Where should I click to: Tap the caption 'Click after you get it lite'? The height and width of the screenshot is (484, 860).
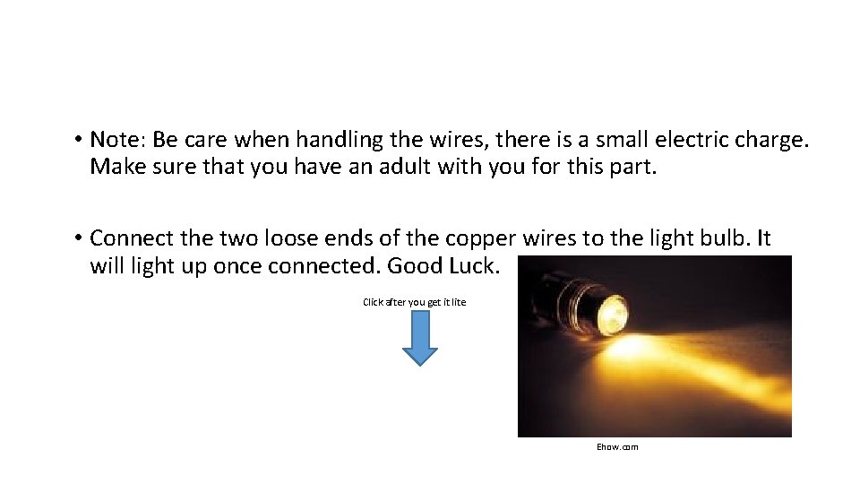414,302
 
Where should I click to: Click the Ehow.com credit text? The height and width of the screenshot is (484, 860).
617,446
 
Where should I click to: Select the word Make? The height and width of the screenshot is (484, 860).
112,167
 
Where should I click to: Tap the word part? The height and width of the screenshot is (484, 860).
633,167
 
